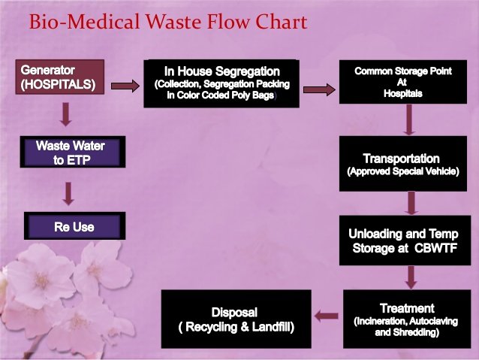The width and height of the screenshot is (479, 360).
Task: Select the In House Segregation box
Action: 222,83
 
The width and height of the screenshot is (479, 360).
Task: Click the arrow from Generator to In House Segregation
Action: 125,86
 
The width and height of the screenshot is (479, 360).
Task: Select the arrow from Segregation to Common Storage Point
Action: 318,90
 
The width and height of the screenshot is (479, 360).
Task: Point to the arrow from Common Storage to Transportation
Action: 409,119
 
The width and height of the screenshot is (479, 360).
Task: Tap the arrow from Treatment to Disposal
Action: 326,316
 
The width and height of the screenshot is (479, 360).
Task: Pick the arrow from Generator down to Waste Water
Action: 66,114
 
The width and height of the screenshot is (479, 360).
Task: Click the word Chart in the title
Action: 278,22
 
